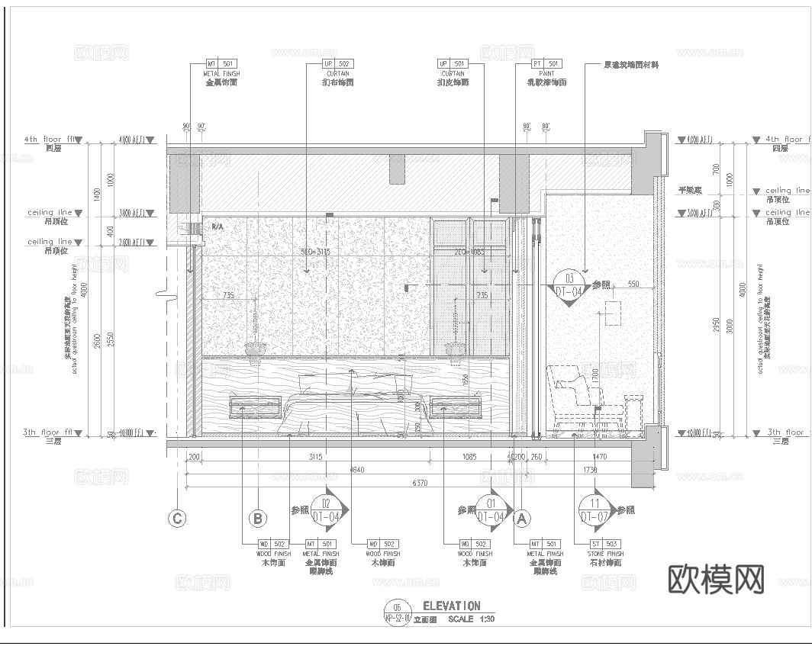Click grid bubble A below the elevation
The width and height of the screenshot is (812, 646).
point(523,519)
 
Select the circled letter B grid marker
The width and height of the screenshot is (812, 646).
point(258,519)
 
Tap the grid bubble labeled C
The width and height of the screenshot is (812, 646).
point(177,519)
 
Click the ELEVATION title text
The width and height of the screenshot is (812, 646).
point(452,606)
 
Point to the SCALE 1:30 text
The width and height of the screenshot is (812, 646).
point(471,619)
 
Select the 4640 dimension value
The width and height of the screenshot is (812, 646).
point(357,470)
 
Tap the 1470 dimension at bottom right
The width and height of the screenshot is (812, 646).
point(599,457)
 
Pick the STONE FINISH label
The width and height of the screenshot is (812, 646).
point(605,554)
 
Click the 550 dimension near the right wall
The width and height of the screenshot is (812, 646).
point(633,284)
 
